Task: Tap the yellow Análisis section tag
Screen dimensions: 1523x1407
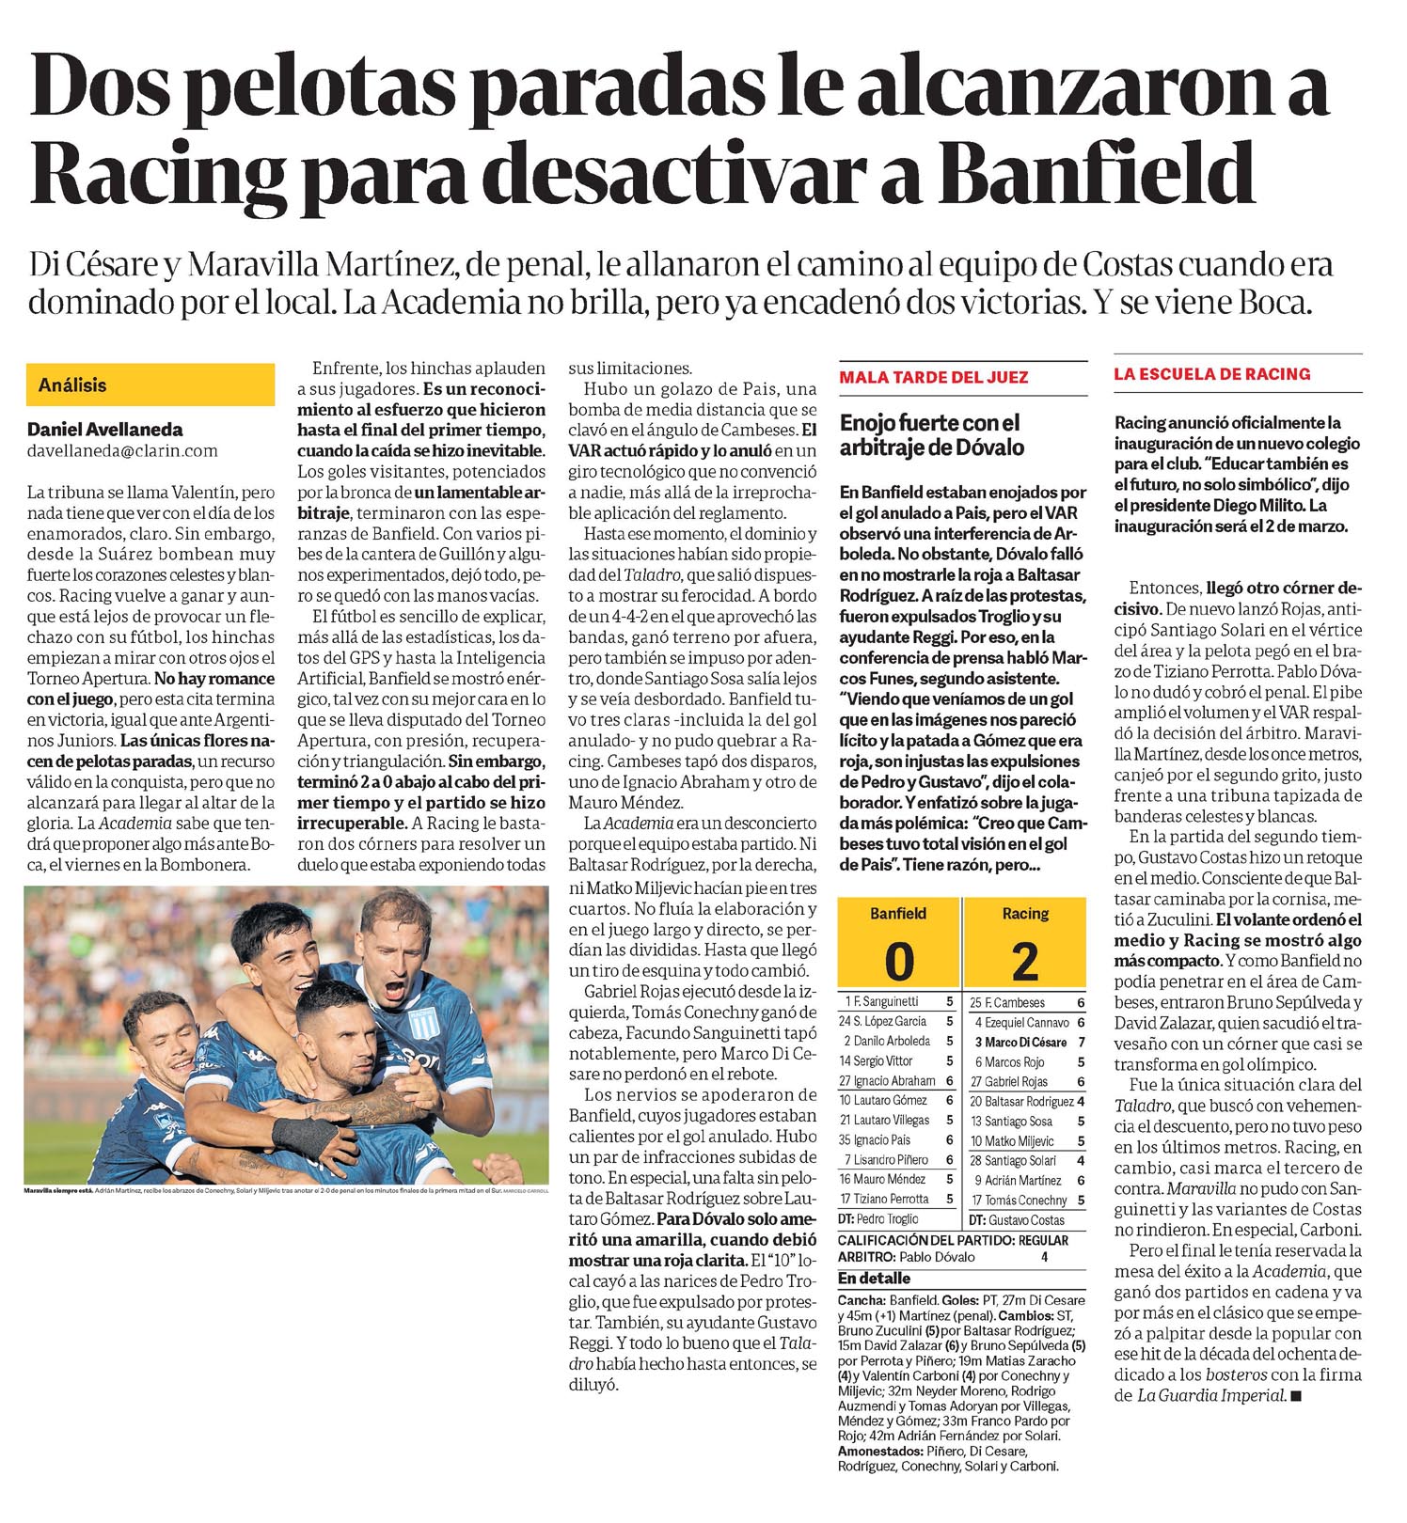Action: tap(72, 385)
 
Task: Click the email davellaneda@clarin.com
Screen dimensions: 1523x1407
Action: tap(122, 450)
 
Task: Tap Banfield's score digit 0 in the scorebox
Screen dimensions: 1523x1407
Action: tap(899, 960)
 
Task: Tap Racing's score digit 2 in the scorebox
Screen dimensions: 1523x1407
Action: tap(1025, 960)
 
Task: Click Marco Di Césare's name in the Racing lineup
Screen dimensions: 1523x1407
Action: tap(1025, 1042)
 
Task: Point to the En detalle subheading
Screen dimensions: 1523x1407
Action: tap(874, 1279)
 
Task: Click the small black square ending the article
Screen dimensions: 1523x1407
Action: tap(1297, 1396)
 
